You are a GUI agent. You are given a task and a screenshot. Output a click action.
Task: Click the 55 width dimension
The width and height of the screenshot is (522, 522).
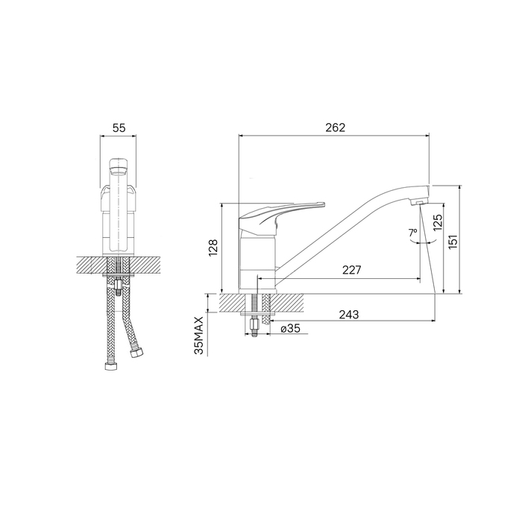(x=119, y=128)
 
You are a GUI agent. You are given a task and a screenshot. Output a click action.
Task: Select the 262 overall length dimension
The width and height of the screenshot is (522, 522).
(x=336, y=128)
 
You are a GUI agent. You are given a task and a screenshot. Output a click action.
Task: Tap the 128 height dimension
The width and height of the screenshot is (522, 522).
(x=213, y=248)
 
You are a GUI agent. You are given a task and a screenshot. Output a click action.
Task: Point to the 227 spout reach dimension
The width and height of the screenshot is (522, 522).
(x=351, y=270)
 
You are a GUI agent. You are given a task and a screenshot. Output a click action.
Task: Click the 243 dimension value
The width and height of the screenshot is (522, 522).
(x=349, y=315)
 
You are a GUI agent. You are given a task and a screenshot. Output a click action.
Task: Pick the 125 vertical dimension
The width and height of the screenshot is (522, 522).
(x=438, y=222)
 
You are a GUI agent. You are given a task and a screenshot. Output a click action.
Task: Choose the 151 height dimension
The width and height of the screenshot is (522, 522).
(x=453, y=242)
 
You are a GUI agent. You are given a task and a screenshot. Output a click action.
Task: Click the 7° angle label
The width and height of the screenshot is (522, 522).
(x=412, y=233)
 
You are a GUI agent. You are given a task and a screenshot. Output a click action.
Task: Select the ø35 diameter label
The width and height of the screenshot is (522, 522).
(x=290, y=329)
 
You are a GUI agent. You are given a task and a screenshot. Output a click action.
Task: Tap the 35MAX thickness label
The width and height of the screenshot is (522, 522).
(x=199, y=336)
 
